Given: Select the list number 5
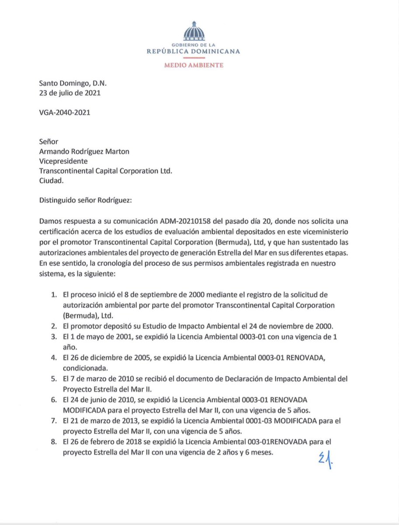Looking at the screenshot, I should click(53, 378).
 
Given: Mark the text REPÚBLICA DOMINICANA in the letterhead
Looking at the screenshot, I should click(200, 51).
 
